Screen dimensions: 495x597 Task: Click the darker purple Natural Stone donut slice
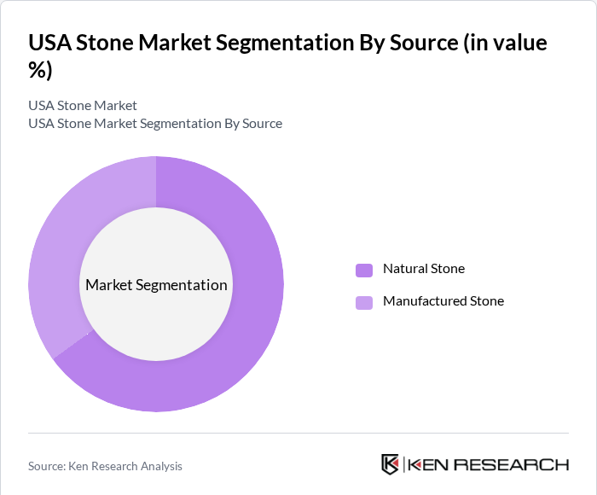(x=247, y=341)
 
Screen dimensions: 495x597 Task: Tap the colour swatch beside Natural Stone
(x=364, y=270)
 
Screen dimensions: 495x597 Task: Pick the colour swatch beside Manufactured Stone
(x=364, y=302)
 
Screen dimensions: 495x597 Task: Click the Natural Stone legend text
(x=423, y=269)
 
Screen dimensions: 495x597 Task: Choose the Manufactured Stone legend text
(x=443, y=301)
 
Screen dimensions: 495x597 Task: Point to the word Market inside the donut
(x=108, y=285)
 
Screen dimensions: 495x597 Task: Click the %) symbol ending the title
(x=40, y=71)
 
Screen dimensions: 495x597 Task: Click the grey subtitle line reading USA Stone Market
(x=83, y=106)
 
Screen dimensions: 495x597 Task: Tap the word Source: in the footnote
(x=48, y=466)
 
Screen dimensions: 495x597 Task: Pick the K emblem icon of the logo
(x=390, y=464)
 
